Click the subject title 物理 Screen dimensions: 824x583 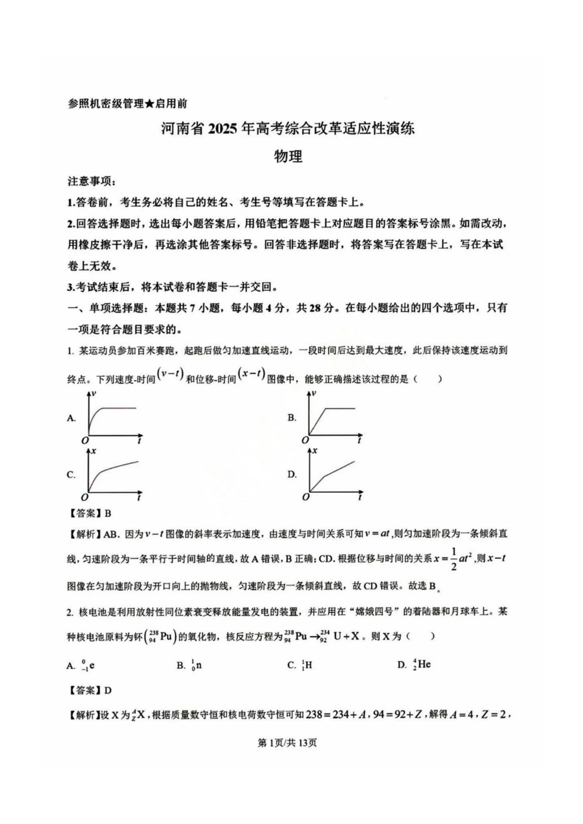click(288, 157)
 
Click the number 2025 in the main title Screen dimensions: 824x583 click(222, 129)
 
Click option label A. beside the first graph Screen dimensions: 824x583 click(72, 418)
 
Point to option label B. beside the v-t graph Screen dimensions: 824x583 click(292, 417)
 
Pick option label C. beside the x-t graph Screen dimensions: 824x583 click(71, 475)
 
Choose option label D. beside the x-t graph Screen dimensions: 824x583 click(292, 474)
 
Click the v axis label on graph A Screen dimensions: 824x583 click(93, 393)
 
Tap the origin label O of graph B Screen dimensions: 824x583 click(306, 440)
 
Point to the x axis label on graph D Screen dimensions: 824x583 click(314, 450)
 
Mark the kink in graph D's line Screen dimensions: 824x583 click(324, 477)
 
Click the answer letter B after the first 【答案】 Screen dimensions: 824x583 click(108, 514)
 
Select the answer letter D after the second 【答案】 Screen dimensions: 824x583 click(108, 691)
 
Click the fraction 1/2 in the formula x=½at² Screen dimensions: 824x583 click(453, 559)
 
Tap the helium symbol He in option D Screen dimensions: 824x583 click(424, 664)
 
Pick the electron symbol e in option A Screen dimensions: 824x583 click(92, 665)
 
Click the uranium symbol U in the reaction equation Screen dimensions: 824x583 click(337, 636)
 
